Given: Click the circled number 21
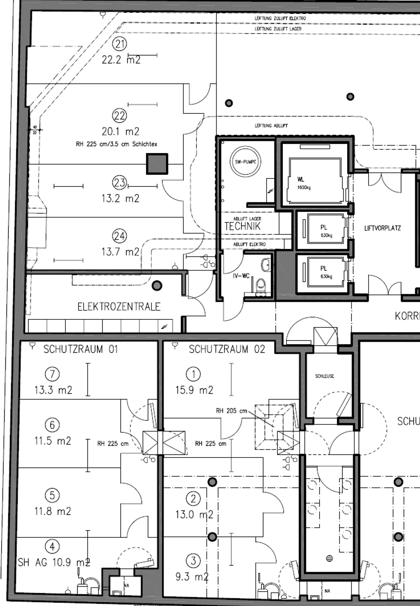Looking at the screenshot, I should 120,44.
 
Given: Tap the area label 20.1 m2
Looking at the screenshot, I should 120,132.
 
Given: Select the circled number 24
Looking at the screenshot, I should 120,236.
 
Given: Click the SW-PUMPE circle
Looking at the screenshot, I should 246,162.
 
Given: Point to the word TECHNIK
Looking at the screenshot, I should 242,226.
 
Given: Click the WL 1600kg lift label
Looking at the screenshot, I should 303,183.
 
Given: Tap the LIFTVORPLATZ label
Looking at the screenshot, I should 382,228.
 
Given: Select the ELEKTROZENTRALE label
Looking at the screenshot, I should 119,307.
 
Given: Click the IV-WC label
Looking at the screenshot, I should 241,276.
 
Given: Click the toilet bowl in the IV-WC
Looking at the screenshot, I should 261,284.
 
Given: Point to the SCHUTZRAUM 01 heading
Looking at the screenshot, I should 80,349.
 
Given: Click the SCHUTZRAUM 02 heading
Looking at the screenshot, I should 227,349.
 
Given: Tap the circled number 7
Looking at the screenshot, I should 52,374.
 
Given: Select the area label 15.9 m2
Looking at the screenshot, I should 194,390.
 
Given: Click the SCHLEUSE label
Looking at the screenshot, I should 324,376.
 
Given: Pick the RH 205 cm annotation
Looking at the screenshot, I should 231,411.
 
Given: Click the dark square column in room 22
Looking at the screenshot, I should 157,164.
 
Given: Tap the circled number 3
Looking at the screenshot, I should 193,560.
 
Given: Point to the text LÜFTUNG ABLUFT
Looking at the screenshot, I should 271,126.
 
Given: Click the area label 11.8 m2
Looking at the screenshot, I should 53,511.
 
